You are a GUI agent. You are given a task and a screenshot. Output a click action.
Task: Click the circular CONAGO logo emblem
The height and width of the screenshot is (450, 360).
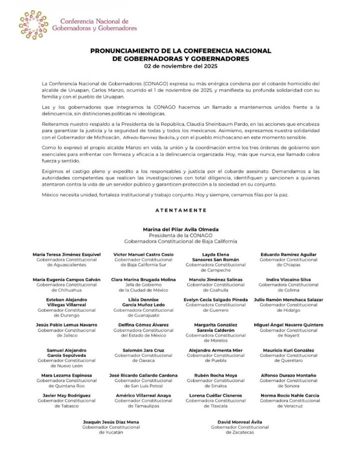coord(34,25)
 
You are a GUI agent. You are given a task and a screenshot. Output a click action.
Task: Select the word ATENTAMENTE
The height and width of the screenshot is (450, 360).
coord(180,211)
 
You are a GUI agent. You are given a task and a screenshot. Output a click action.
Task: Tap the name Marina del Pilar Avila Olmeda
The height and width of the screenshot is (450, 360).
coord(180,229)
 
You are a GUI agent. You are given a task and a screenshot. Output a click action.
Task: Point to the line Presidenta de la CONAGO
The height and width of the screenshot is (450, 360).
coord(180,235)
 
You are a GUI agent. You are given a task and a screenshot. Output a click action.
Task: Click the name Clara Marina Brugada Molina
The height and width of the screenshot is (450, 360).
coord(143,279)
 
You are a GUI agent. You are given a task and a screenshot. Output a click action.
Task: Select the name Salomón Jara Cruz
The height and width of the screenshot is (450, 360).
coord(143,350)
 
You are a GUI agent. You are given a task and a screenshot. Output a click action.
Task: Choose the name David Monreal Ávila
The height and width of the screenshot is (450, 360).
coord(240,422)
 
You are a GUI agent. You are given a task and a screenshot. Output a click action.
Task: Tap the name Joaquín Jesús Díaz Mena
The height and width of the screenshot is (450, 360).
coord(111,422)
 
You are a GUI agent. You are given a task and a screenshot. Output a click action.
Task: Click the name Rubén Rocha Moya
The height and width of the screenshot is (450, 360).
coord(216,375)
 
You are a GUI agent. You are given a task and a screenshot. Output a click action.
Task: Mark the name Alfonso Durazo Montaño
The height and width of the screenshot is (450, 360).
coord(288,375)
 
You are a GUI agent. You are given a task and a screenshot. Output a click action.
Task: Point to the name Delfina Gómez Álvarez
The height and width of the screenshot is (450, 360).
coord(143,325)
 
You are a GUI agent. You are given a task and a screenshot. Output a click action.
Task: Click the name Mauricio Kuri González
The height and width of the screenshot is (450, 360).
coord(288,350)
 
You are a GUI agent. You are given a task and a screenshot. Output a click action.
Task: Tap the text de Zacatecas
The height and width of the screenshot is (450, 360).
coord(240,432)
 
